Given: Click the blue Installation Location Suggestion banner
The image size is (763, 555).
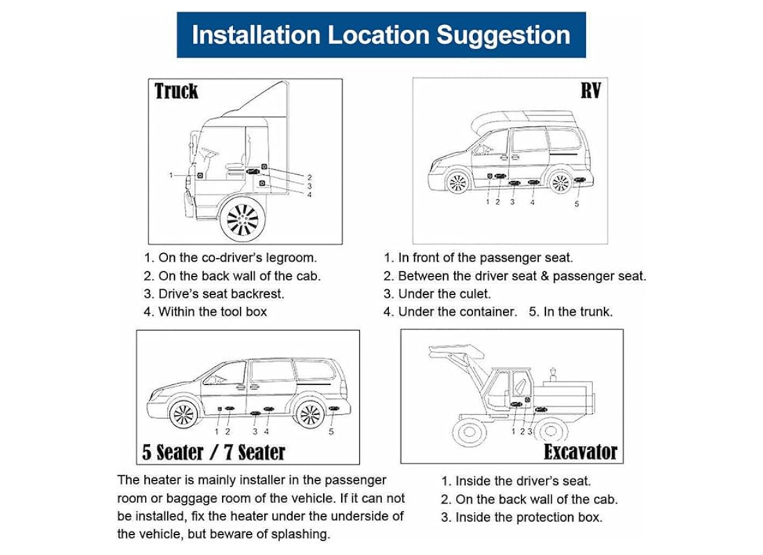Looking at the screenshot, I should tap(381, 35).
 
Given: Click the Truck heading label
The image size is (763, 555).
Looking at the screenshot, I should tap(176, 91).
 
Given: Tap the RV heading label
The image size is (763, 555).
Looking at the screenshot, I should tap(590, 90).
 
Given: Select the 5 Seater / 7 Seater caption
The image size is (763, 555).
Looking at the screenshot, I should tap(214, 452).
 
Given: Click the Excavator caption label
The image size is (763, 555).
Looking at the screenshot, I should tap(580, 452).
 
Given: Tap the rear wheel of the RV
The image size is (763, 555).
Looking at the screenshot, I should tap(559, 182).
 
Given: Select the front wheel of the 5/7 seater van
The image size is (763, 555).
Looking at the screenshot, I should tap(182, 414).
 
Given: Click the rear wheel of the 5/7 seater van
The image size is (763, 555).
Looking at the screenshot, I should tap(309, 414).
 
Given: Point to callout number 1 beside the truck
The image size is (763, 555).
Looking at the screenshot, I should tap(171, 176).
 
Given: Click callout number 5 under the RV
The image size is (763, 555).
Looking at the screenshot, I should tap(576, 203).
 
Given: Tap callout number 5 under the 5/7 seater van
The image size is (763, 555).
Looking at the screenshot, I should tap(331, 432).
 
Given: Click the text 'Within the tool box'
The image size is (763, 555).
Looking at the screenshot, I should tap(212, 311).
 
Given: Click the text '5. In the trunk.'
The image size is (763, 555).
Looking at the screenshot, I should tap(571, 311).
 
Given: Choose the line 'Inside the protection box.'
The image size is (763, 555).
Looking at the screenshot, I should tap(529, 517).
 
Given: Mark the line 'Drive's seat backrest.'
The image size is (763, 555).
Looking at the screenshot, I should tap(221, 293).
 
